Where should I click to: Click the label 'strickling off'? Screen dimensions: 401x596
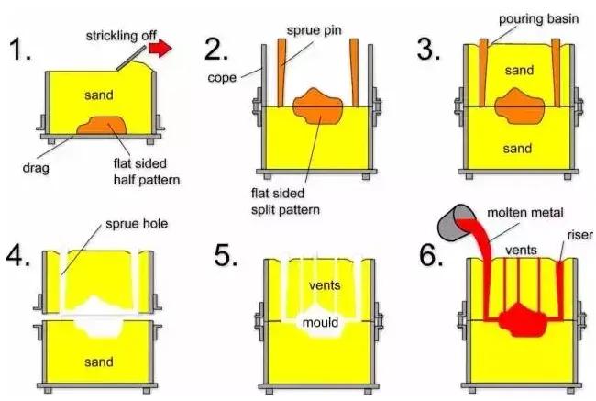[x=123, y=35]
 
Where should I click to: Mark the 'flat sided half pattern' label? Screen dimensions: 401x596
[x=141, y=172]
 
